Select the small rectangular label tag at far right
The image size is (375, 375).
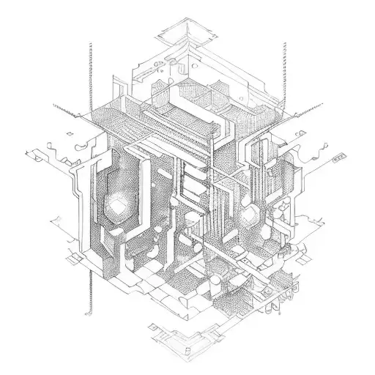(338, 156)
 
